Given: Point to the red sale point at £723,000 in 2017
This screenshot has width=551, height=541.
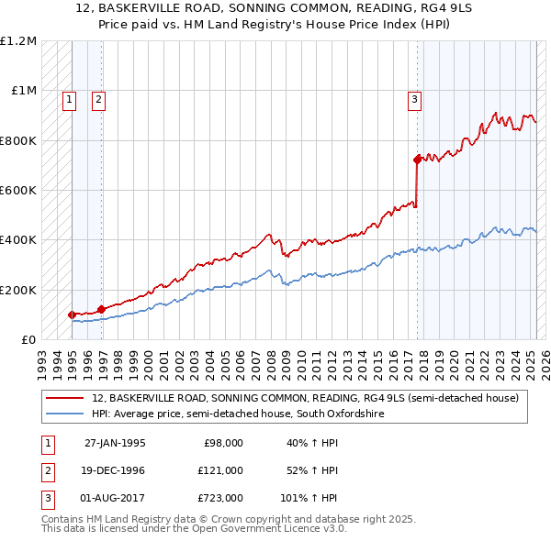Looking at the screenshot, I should pos(417,160).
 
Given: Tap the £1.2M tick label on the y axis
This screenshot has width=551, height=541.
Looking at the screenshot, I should pos(19,41).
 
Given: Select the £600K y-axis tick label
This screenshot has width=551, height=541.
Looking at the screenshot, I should pos(18,191).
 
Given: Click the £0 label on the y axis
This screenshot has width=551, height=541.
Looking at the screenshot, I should pos(28,340).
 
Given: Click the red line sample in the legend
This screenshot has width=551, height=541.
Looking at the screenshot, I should pos(65,398).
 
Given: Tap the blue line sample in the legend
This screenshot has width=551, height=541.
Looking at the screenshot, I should pos(65,414).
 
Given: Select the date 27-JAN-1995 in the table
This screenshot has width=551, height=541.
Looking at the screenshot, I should pos(115,443).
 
